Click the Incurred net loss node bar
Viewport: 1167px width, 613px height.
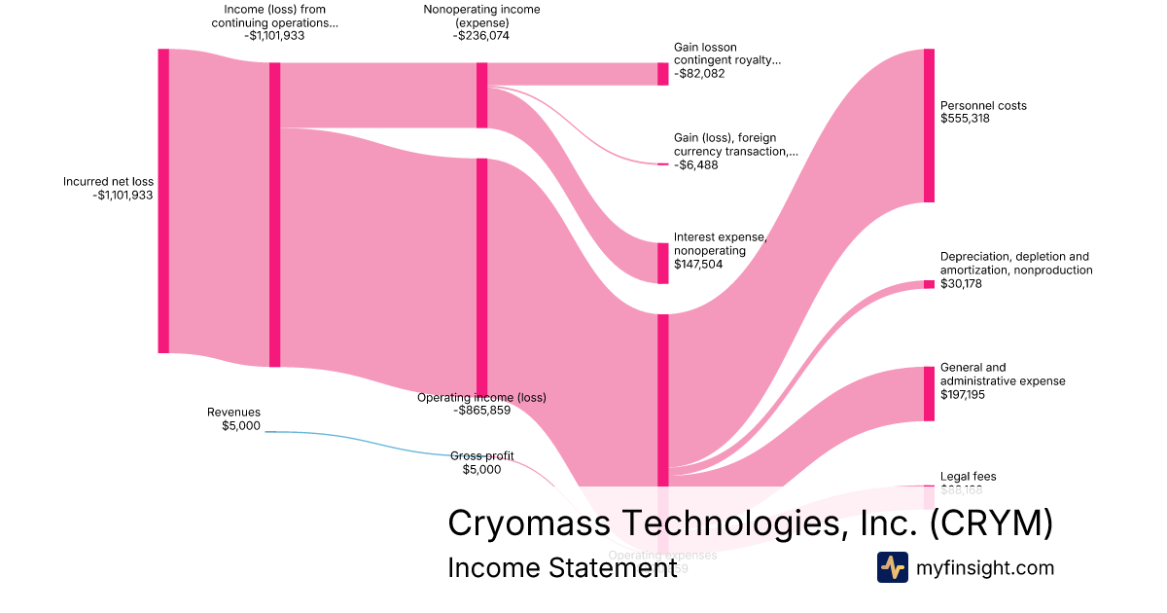click(163, 200)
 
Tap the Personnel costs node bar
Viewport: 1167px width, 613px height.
click(929, 126)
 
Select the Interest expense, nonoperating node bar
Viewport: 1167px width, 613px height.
click(663, 263)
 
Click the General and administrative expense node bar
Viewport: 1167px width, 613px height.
click(929, 393)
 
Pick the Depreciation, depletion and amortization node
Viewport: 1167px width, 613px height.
click(929, 284)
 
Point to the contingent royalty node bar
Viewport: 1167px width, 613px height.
click(663, 74)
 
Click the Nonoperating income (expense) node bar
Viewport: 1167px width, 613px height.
click(481, 95)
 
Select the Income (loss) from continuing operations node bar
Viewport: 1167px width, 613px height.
click(274, 214)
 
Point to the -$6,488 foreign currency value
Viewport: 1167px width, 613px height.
click(696, 165)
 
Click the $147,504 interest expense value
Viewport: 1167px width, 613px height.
click(696, 263)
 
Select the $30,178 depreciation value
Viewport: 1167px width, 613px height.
click(962, 284)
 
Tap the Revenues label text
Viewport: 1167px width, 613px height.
click(234, 413)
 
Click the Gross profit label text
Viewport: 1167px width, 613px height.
click(481, 455)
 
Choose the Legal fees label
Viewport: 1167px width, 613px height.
click(968, 477)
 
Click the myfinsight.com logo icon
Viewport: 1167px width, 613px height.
click(892, 567)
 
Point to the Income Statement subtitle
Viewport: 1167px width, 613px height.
click(561, 568)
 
